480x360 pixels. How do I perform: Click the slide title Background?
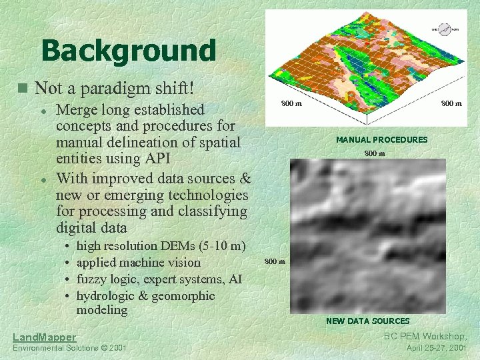click(x=128, y=50)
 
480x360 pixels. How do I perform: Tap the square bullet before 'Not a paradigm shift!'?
click(x=23, y=88)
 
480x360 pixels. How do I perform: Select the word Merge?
click(x=79, y=109)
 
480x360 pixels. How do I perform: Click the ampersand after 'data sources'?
click(x=245, y=179)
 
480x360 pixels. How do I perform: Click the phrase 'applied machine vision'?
click(x=138, y=263)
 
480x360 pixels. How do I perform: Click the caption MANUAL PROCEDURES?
click(x=381, y=140)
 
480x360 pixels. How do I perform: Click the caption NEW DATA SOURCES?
click(x=367, y=321)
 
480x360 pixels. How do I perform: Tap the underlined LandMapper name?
click(x=45, y=337)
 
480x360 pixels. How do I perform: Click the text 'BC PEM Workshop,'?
click(x=425, y=337)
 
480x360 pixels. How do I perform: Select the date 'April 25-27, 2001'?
click(x=437, y=348)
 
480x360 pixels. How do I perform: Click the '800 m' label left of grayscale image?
click(x=275, y=261)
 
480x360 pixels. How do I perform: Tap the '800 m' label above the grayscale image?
click(x=374, y=154)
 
